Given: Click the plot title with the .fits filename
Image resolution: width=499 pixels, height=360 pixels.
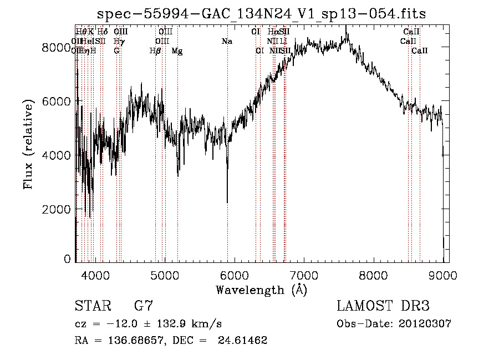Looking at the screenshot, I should tap(262, 14).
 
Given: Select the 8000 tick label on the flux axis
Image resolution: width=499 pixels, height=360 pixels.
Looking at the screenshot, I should tap(55, 48).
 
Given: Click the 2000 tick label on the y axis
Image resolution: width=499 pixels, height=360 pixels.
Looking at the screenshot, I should tap(55, 209).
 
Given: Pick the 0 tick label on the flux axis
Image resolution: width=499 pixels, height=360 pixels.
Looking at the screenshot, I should tap(67, 259).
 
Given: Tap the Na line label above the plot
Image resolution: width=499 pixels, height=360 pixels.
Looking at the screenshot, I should tap(227, 42).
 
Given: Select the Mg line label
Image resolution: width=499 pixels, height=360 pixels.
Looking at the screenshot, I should tap(177, 51).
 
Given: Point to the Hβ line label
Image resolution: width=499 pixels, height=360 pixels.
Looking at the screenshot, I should tap(155, 51).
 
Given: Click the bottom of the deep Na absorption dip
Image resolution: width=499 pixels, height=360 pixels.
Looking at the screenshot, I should tap(227, 202).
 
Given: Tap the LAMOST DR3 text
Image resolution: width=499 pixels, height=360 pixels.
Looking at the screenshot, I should tap(383, 306).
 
